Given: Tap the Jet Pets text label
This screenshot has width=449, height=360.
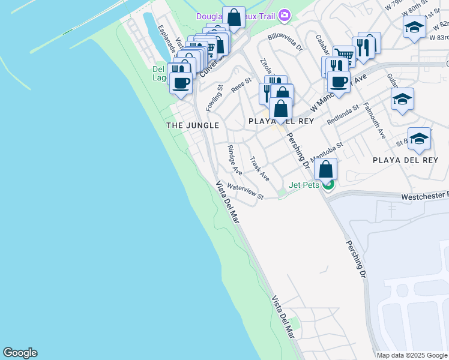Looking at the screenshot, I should click(304, 185).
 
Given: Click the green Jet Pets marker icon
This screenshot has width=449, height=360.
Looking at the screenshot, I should click(328, 185).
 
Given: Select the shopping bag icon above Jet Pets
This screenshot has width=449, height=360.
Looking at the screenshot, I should click(325, 169).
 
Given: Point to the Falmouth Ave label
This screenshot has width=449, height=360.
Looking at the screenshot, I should click(375, 121).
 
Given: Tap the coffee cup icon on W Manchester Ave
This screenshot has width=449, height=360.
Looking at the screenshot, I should click(338, 82).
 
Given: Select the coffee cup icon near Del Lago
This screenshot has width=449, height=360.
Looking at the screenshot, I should click(181, 83).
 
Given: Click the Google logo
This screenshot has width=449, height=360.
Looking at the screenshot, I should click(20, 353).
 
